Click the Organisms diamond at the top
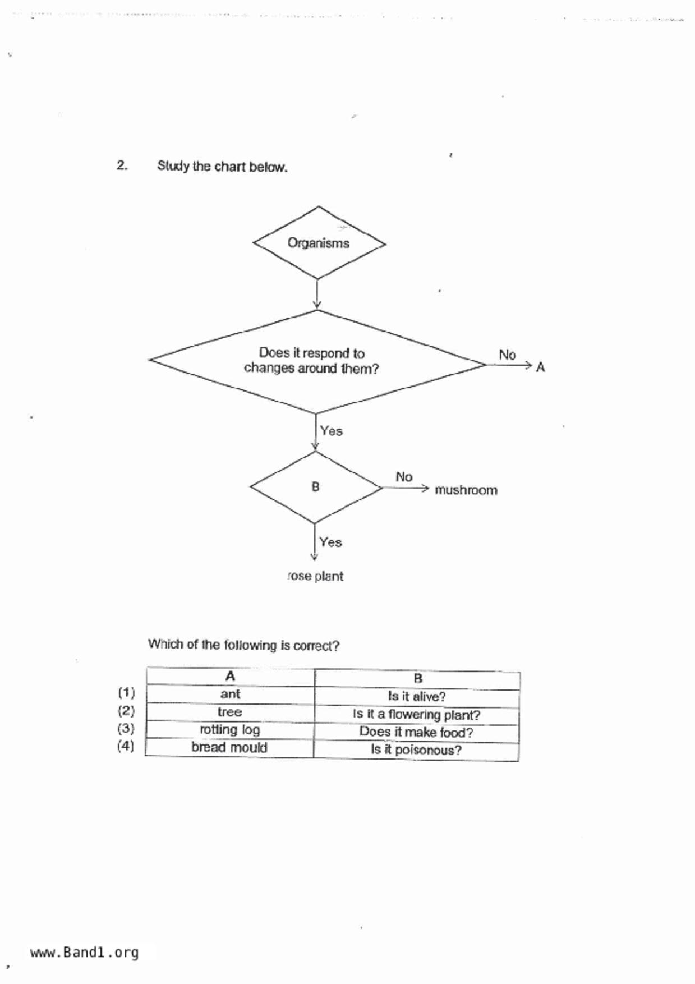pos(319,243)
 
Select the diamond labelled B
pos(315,487)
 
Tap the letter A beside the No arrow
pos(540,367)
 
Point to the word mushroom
pos(466,490)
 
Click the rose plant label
pos(315,576)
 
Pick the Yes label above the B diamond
pos(331,431)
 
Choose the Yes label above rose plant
pos(330,542)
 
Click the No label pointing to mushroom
pos(404,477)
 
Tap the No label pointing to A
pos(507,355)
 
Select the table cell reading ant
pos(230,694)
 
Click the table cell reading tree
pos(230,712)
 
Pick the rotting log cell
pos(230,730)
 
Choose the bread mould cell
pos(229,748)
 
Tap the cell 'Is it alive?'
pos(417,696)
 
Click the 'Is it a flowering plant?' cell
pos(417,715)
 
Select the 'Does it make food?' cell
pos(416,733)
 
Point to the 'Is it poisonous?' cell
pos(416,750)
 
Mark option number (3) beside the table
pos(126,729)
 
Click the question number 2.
pos(122,165)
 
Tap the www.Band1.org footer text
pos(84,953)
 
